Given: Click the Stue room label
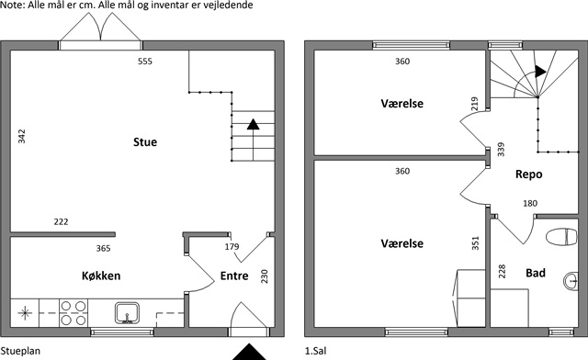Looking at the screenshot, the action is pos(145,142).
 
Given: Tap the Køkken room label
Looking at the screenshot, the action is pos(101,276).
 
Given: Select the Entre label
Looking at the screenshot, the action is pos(234,276).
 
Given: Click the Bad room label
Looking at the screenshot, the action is pos(536,273).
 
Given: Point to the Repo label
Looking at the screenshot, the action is pos(529,174).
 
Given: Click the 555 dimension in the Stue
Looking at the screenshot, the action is pos(145,62).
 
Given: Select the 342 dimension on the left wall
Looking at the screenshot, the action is pos(22,136).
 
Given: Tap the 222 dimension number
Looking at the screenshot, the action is pos(62,221).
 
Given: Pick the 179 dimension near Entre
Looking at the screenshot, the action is pos(232,246).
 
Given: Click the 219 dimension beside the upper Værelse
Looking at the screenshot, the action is pos(474,104).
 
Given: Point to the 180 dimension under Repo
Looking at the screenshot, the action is pos(530,203).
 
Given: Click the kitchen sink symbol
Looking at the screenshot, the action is pos(127,313).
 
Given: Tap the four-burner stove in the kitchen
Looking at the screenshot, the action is pos(73,313).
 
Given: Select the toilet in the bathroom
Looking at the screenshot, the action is pos(561,237).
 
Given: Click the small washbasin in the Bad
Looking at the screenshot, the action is pos(571,280).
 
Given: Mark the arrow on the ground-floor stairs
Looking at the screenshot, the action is pos(254,140).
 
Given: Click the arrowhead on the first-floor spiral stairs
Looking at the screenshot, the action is pos(540,72).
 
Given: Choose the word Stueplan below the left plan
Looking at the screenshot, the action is pos(20,352).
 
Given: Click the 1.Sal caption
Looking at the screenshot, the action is pos(315,352).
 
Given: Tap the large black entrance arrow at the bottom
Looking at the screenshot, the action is pos(249,353).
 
